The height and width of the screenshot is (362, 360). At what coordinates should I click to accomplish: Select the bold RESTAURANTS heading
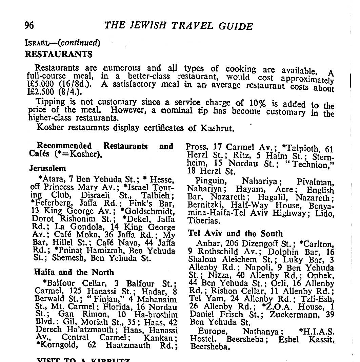click(x=59, y=54)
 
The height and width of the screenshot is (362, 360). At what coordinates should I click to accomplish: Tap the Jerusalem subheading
click(x=47, y=168)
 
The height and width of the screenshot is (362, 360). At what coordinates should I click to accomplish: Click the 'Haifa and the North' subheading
click(x=74, y=272)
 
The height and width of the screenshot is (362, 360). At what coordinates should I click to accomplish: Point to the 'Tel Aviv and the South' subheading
click(x=235, y=234)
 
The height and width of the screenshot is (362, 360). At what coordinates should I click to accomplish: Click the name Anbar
click(x=207, y=244)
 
